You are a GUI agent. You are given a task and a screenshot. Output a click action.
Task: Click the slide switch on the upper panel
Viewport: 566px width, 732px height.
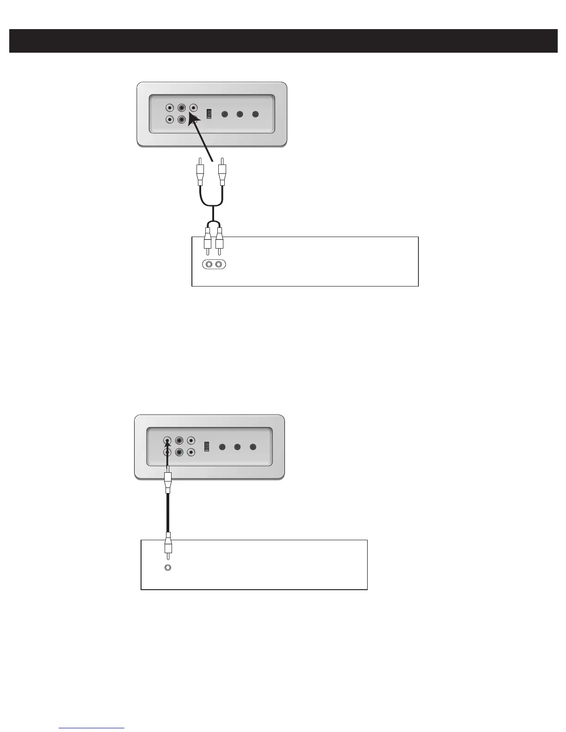(209, 114)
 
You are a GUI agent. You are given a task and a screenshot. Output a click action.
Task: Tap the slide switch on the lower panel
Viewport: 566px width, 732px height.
(207, 446)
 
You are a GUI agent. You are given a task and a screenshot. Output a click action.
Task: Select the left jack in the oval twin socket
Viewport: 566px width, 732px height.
(209, 265)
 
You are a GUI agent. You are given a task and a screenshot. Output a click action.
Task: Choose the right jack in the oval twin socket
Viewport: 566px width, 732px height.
(220, 265)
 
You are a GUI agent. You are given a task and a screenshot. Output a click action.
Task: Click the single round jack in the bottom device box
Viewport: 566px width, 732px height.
(168, 567)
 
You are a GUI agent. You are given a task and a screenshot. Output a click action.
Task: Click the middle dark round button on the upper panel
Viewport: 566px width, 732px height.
(240, 114)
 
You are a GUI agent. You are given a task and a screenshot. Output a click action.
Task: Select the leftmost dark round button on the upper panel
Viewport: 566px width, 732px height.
(225, 114)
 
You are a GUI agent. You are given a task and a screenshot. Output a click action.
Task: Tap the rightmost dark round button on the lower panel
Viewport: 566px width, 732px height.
(253, 447)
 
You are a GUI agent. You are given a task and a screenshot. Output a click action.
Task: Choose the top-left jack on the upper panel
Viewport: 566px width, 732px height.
(170, 108)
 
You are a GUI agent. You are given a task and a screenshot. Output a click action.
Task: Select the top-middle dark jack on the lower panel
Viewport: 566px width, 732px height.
(179, 441)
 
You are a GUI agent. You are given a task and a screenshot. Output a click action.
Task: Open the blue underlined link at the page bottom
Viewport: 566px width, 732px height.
(92, 728)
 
